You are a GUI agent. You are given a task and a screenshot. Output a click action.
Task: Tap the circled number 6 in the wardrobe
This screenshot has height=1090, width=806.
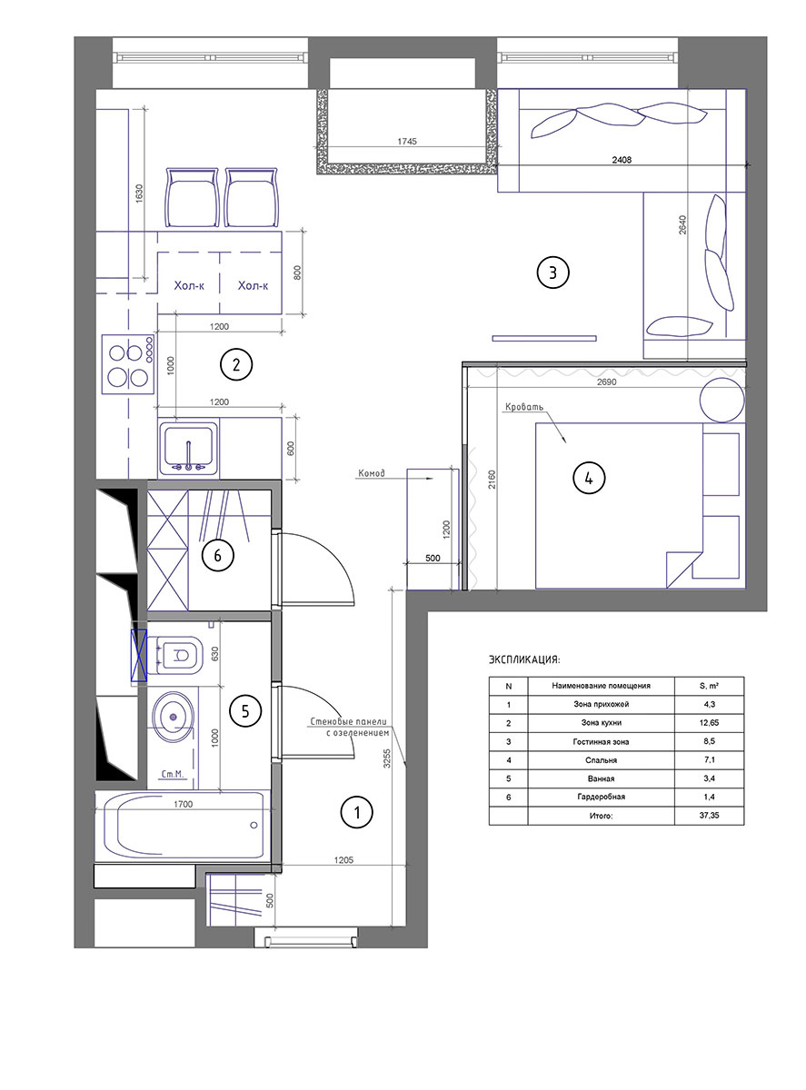[x=217, y=555]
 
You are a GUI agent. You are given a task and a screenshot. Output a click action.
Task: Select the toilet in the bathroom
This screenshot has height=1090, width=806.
[x=175, y=655]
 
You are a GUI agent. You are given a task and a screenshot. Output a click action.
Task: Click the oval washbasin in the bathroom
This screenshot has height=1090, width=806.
[x=173, y=717]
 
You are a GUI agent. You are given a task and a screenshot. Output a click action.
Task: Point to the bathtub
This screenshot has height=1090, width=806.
[x=183, y=825]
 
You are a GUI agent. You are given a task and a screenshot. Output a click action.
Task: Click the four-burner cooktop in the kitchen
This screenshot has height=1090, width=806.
[x=128, y=364]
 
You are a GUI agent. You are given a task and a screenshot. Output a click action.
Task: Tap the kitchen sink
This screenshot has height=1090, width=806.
[x=189, y=448]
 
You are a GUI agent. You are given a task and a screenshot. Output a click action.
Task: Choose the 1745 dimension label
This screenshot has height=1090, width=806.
[x=407, y=142]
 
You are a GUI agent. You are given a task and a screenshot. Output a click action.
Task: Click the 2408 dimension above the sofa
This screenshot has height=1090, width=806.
[x=622, y=160]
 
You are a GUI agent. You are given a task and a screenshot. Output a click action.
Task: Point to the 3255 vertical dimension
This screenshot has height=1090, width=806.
[x=387, y=758]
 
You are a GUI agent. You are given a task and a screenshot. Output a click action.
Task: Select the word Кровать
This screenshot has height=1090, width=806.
[x=524, y=407]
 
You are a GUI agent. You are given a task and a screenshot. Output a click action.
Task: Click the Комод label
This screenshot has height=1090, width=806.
[x=372, y=473]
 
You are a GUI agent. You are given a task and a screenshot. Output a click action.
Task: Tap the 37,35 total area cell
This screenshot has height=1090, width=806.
[x=709, y=815]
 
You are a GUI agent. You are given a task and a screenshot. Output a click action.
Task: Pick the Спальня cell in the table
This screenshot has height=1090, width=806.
[x=601, y=759]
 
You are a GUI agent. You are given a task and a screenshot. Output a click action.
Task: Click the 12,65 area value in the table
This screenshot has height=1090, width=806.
[x=709, y=722]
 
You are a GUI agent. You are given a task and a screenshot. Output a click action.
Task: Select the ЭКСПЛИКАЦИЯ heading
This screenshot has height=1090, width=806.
[x=523, y=659]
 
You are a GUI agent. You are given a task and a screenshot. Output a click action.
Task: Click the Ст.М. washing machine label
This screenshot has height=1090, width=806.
[x=172, y=775]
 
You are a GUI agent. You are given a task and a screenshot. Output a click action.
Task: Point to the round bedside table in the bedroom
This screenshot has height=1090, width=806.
[x=721, y=400]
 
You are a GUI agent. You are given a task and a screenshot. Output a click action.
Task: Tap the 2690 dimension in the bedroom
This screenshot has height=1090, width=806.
[x=606, y=381]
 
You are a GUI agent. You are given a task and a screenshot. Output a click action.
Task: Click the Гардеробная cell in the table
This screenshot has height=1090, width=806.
[x=601, y=797]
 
